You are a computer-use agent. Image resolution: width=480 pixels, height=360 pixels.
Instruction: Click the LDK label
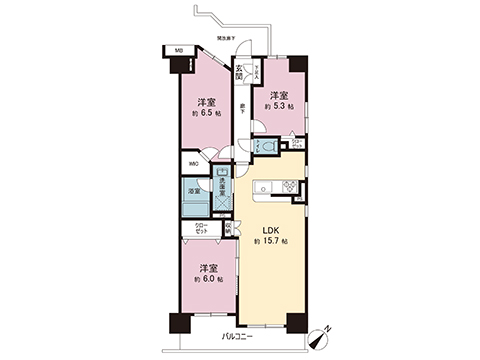pos(270,229)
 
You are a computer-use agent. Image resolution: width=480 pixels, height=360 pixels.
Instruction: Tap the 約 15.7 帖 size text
pos(270,243)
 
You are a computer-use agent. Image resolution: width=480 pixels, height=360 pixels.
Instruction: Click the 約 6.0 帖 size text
pos(208,280)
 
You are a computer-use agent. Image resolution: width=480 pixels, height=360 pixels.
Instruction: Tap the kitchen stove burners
pos(288,184)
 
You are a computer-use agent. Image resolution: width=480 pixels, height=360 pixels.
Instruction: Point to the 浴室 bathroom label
pos(193,189)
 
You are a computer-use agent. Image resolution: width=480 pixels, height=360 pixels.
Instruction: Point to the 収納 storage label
pos(228,227)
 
